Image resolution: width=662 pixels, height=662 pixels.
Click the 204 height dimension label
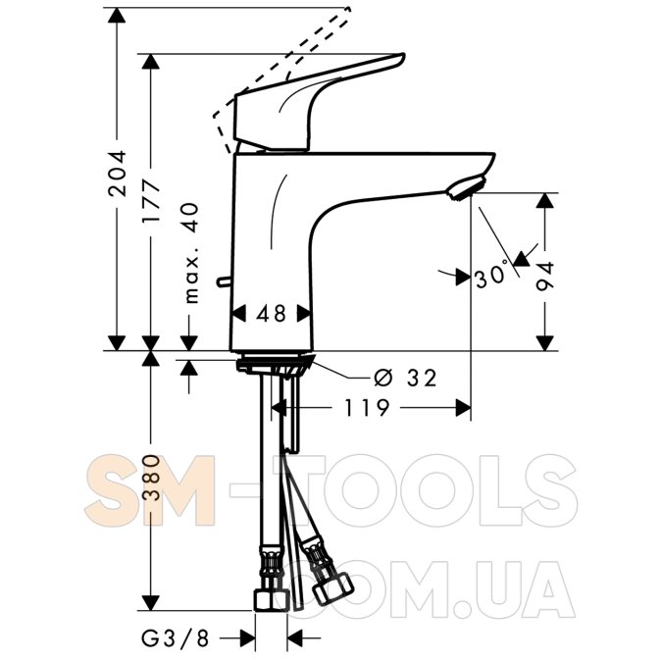point(117,173)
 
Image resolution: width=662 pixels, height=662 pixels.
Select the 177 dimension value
point(151,201)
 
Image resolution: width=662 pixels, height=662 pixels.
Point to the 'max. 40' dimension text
point(191,253)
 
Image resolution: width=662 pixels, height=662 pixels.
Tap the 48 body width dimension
point(271,314)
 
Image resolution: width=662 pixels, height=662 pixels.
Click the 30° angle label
point(491,277)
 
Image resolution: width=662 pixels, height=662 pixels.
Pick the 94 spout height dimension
point(544,277)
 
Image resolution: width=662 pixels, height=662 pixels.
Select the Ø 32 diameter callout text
point(404,378)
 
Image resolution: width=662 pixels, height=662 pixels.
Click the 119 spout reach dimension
point(367,408)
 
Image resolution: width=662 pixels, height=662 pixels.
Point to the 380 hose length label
point(151,478)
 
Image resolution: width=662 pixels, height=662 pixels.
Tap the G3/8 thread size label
point(176,638)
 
